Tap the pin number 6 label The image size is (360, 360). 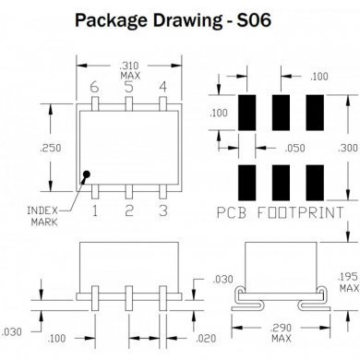click(x=93, y=87)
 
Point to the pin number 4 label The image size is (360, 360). click(x=163, y=87)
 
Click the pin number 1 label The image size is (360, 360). click(x=93, y=211)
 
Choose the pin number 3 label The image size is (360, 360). click(x=163, y=211)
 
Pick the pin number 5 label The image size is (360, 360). click(x=128, y=87)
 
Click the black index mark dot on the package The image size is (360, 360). click(x=85, y=174)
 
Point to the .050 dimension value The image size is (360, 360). click(x=295, y=147)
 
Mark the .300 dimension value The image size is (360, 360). click(x=349, y=148)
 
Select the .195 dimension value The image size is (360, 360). click(x=349, y=277)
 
